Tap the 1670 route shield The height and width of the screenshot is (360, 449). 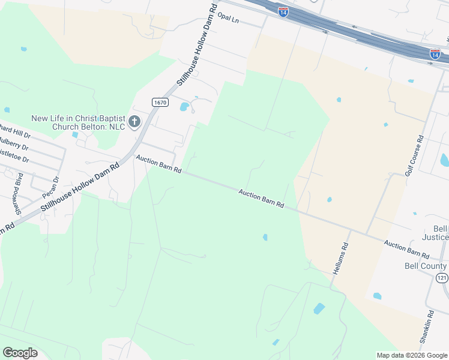[159, 102]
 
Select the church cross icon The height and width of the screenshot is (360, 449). [134, 122]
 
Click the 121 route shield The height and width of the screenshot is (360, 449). [442, 277]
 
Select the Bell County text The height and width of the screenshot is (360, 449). [426, 266]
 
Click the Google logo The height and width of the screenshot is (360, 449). [20, 352]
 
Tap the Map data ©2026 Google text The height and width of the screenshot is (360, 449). [411, 355]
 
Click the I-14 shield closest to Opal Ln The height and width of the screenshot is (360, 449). [283, 11]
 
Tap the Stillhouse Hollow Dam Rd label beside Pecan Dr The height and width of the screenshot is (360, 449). [78, 188]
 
